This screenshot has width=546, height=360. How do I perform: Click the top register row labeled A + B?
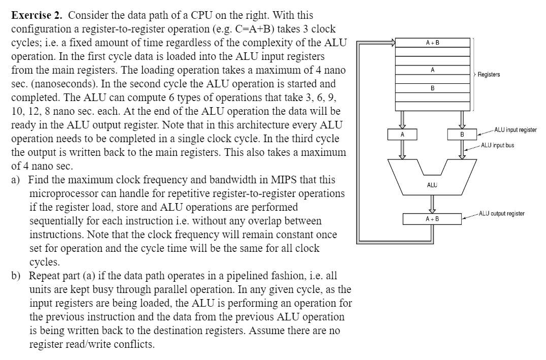432,42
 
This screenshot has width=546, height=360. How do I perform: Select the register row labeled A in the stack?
432,70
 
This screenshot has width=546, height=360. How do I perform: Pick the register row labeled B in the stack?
432,88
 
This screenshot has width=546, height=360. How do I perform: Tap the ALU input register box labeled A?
402,135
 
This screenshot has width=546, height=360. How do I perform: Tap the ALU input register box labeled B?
462,135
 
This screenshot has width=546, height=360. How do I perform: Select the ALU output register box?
432,219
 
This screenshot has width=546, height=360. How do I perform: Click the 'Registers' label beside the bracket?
489,75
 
